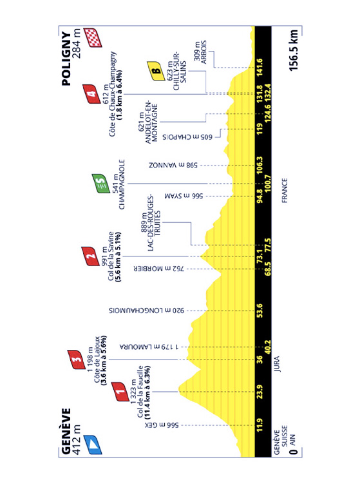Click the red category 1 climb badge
click(x=120, y=392)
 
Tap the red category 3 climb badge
click(x=77, y=360)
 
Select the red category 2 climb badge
click(x=91, y=256)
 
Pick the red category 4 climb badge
click(x=91, y=94)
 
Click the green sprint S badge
click(x=101, y=184)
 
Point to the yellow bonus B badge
click(x=156, y=71)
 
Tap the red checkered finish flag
click(x=93, y=37)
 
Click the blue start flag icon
click(x=93, y=445)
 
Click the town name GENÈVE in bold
click(x=66, y=431)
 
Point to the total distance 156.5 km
click(x=294, y=50)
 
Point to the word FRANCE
click(x=285, y=191)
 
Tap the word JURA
click(x=277, y=364)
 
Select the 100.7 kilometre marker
click(x=268, y=184)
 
